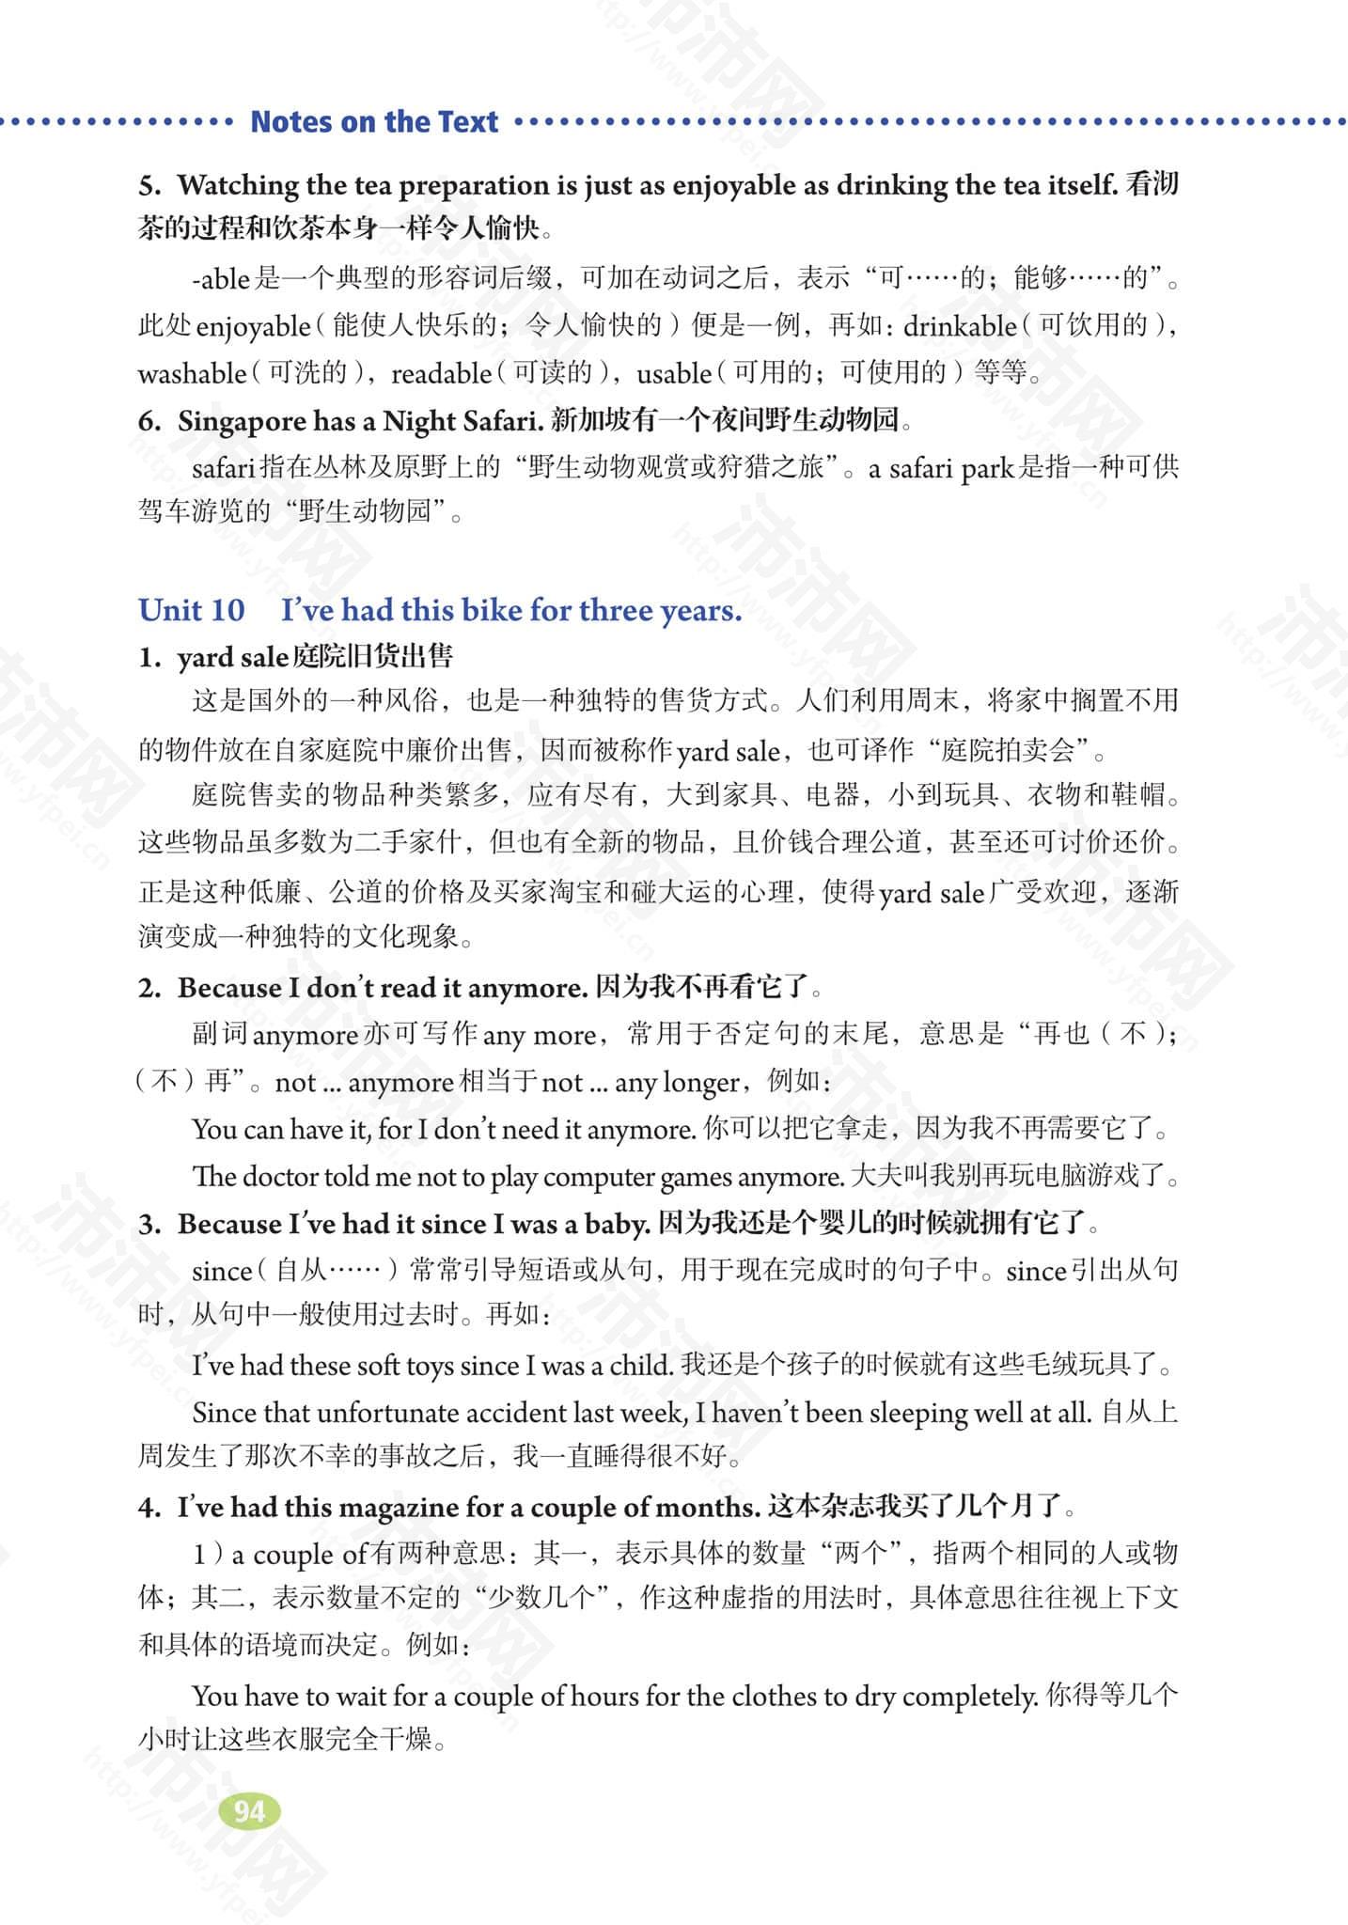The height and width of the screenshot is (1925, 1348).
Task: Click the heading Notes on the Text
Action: point(374,121)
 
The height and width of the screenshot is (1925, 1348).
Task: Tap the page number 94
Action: point(249,1810)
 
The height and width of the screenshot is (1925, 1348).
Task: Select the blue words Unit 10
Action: point(191,610)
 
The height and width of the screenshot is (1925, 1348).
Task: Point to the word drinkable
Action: point(959,326)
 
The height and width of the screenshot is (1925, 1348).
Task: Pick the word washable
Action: point(192,373)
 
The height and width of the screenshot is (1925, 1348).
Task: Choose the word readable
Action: point(441,373)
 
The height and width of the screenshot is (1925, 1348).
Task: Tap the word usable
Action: point(674,373)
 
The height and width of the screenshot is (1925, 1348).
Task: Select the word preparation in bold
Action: point(486,186)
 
